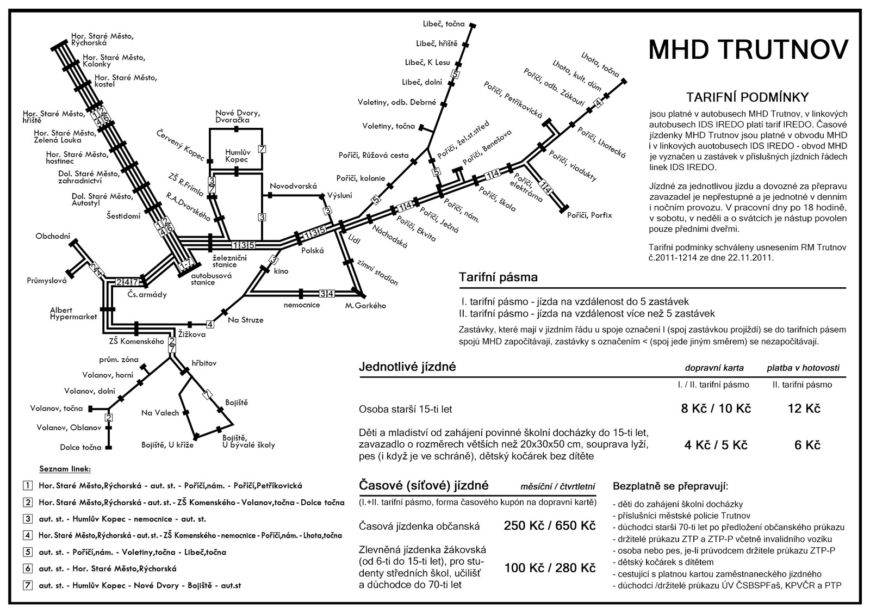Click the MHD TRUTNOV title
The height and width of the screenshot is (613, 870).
748,49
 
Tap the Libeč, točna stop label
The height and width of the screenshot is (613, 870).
444,24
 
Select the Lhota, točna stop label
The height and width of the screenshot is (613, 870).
600,65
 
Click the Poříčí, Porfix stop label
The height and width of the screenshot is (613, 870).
589,215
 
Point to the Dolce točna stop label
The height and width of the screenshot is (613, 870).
80,447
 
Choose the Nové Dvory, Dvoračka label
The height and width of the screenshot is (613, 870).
238,116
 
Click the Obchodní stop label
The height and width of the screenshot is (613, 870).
53,236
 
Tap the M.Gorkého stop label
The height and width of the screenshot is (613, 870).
365,305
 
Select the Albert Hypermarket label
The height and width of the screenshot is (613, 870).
73,313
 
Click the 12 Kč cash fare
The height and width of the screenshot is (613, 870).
804,408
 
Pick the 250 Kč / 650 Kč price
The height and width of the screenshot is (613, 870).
550,525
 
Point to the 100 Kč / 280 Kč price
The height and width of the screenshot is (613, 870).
550,568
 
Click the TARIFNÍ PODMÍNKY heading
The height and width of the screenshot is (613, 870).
747,97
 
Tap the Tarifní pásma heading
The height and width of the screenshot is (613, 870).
498,277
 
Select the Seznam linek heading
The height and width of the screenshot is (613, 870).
65,469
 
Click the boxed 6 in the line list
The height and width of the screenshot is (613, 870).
28,569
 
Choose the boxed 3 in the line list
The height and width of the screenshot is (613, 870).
28,518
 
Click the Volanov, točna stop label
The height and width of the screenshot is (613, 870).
57,408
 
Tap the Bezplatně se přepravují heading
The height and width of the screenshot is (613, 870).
670,486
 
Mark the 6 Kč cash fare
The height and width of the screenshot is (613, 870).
807,445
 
